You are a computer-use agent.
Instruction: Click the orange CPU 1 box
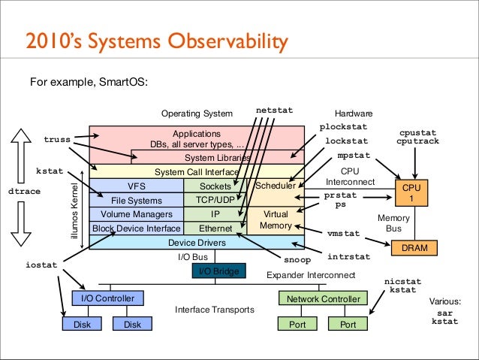coord(411,192)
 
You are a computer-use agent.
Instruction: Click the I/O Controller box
coord(108,298)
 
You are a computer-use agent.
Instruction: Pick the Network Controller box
coord(323,298)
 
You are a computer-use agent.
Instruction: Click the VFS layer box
coord(137,186)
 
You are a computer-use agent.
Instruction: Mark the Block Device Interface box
coord(136,228)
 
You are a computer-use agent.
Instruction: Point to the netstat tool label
coord(274,110)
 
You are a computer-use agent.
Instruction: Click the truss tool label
coord(57,140)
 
